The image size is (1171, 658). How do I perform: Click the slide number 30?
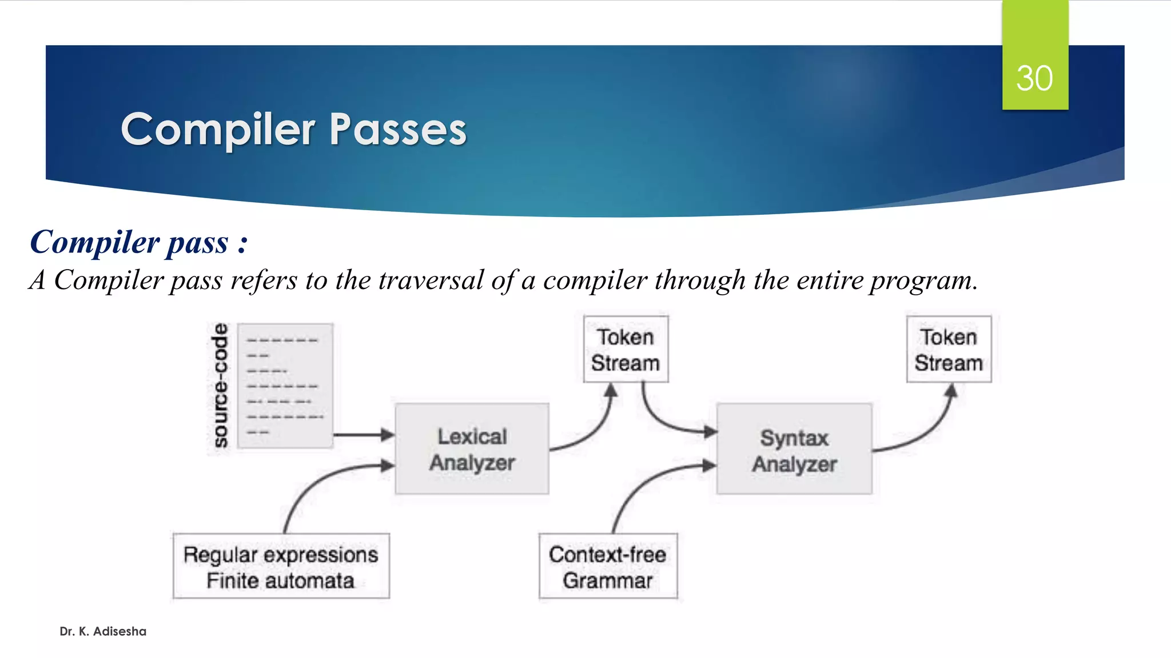[x=1034, y=78]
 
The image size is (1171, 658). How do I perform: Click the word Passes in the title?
[x=398, y=130]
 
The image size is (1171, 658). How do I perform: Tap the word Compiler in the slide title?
[x=218, y=130]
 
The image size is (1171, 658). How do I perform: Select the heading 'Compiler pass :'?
[x=139, y=242]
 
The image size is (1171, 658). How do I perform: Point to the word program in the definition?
[x=921, y=280]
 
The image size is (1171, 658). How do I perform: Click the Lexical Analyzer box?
[x=472, y=449]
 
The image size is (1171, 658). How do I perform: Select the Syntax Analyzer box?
[x=794, y=450]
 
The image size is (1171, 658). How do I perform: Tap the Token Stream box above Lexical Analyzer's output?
[x=626, y=350]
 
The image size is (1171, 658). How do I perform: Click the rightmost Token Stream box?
[x=949, y=350]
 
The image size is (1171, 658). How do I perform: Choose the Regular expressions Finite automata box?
[x=281, y=567]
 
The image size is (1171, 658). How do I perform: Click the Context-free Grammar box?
[x=608, y=567]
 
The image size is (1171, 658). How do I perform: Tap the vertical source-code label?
[x=220, y=386]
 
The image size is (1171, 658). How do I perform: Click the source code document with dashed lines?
[x=285, y=386]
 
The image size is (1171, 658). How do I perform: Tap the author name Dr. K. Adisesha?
[x=103, y=631]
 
